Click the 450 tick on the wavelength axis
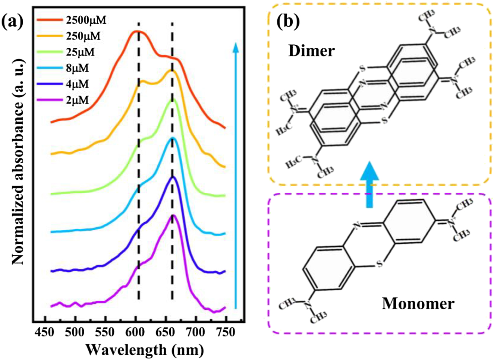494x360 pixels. click(x=45, y=331)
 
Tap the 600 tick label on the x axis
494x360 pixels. click(x=136, y=331)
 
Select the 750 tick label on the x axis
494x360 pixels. click(x=226, y=331)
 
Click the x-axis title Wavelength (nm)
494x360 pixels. click(x=145, y=350)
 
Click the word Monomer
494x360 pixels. click(x=418, y=304)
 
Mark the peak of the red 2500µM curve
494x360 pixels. click(x=137, y=32)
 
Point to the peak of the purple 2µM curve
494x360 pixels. click(x=173, y=215)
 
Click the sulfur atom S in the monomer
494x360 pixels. click(x=380, y=264)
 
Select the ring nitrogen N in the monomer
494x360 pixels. click(x=358, y=225)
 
